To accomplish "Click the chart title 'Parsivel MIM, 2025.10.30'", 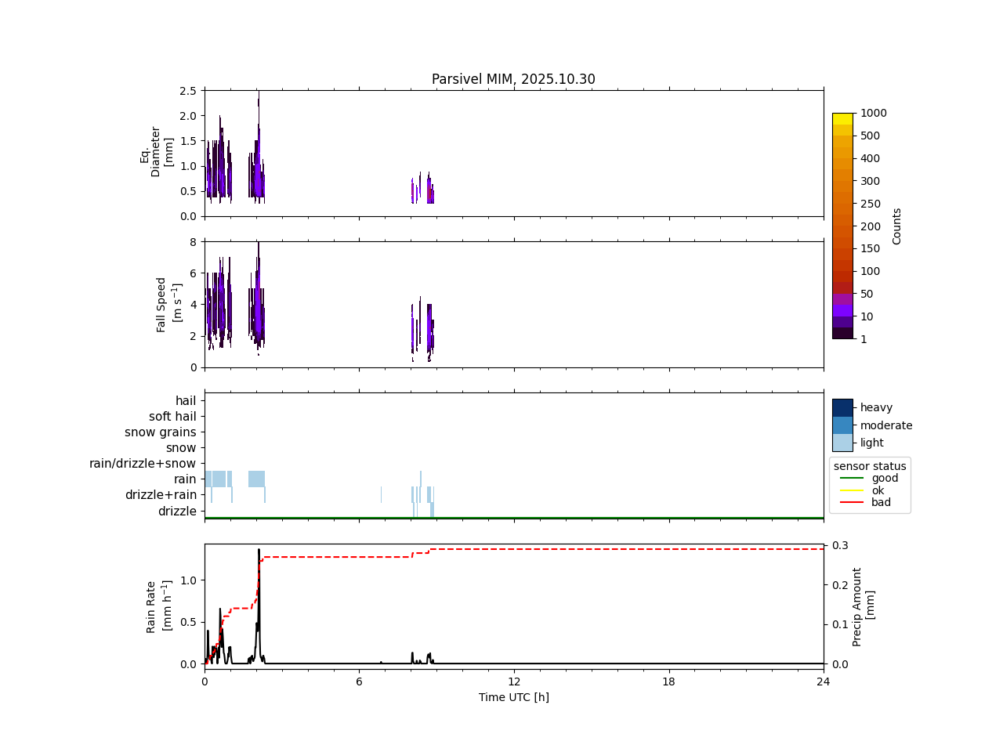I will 513,79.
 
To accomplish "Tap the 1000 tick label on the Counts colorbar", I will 873,113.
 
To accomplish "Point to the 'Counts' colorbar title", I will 897,226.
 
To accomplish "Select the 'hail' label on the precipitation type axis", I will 186,401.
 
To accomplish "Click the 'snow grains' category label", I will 161,432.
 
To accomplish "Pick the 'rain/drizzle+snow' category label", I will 143,464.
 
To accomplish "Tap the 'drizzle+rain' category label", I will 161,495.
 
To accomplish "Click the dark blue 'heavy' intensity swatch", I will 842,407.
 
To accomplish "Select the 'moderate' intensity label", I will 886,425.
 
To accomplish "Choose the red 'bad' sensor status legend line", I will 851,503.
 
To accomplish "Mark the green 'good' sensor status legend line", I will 851,478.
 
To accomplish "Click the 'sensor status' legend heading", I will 870,466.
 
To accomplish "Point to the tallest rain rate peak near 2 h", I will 259,550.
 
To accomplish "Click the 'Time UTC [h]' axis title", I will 513,697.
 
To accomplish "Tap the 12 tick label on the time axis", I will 513,681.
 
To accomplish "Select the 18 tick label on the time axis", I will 668,681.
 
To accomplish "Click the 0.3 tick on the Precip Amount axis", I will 840,545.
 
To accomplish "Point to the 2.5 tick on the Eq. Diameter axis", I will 187,91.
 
